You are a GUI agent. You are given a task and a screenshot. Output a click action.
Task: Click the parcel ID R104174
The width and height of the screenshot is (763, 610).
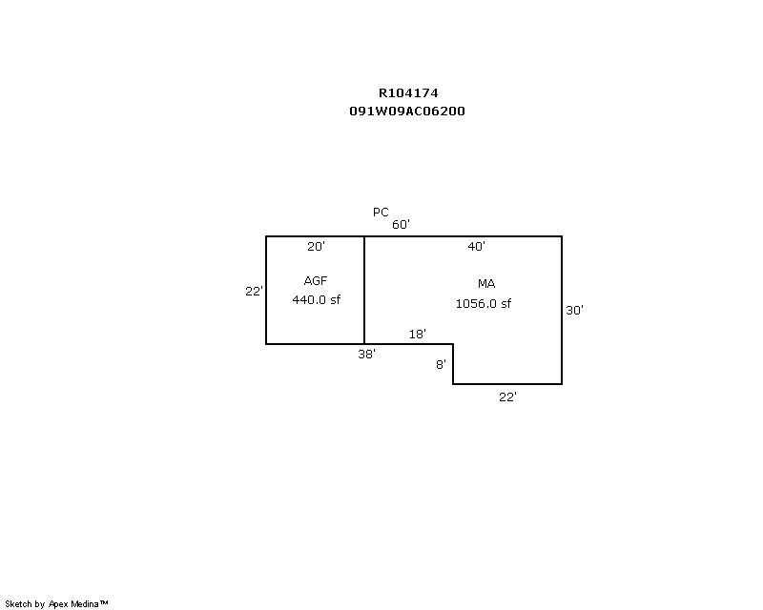coord(408,92)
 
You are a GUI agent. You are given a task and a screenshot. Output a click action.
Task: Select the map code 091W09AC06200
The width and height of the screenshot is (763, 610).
coord(407,111)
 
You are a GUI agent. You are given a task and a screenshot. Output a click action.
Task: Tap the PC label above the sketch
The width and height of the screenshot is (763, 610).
coord(381,213)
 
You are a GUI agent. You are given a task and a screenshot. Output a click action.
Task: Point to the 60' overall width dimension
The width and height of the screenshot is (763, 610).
coord(401,224)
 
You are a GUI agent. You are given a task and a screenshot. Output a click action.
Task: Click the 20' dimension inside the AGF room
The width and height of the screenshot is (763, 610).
coord(316,247)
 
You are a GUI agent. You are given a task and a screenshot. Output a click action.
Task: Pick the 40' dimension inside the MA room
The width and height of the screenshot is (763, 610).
coord(476,247)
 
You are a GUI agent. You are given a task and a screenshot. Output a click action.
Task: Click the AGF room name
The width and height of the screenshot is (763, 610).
coord(316,280)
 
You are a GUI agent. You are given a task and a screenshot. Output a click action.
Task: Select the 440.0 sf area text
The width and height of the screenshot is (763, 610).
coord(317,299)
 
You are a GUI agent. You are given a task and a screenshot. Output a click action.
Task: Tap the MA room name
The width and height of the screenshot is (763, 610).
coord(486,284)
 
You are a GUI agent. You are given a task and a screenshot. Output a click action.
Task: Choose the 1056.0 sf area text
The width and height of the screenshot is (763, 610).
coord(484,303)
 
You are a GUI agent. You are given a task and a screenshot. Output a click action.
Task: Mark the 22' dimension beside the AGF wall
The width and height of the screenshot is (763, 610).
coord(254,291)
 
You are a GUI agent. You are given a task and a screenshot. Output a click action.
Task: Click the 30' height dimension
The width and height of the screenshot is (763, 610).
coord(575,311)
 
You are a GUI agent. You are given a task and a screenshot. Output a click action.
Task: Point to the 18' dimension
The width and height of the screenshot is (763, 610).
coord(418,335)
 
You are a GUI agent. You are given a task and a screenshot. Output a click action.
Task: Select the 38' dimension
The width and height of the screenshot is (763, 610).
coord(367,355)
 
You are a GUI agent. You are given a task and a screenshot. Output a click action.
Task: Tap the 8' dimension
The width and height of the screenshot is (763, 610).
coord(441,364)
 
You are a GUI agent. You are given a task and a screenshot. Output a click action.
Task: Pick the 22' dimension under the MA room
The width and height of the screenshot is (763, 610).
coord(507,396)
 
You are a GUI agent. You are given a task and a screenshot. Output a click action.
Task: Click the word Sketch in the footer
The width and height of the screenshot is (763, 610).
coord(18,604)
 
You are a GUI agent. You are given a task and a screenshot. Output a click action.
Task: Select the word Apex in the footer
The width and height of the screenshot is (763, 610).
coord(58,604)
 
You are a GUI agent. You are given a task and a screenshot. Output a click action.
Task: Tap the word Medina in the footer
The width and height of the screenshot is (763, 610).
coord(85,604)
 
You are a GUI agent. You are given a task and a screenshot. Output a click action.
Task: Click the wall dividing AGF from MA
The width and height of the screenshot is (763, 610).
coord(364,290)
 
